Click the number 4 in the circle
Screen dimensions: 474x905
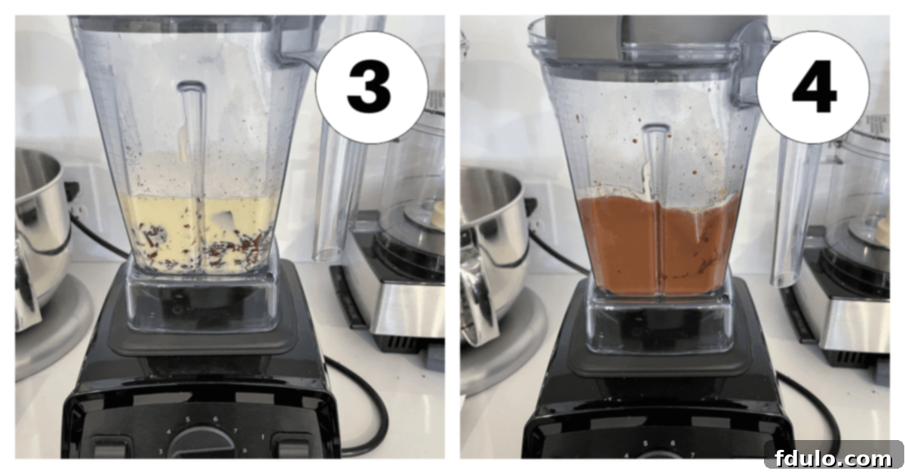pyautogui.click(x=813, y=88)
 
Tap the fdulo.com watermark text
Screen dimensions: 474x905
pyautogui.click(x=832, y=457)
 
